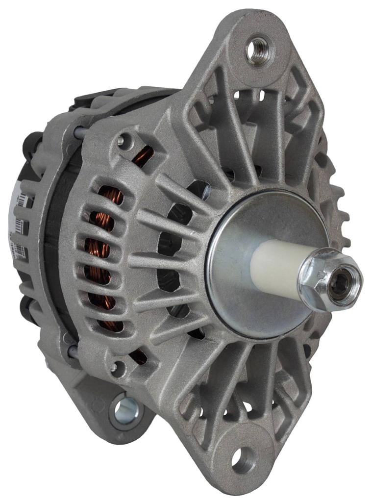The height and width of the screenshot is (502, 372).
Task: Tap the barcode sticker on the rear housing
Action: tap(18, 226)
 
